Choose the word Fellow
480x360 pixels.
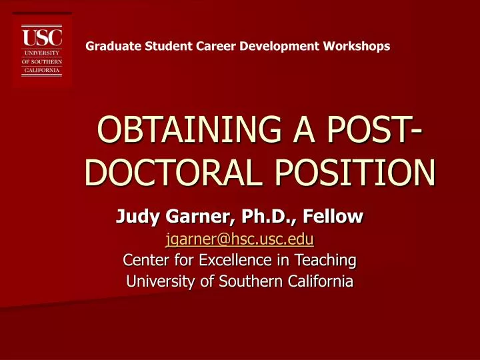coord(329,216)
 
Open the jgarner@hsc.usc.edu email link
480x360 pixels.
coord(239,238)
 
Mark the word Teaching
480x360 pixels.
coord(324,259)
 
